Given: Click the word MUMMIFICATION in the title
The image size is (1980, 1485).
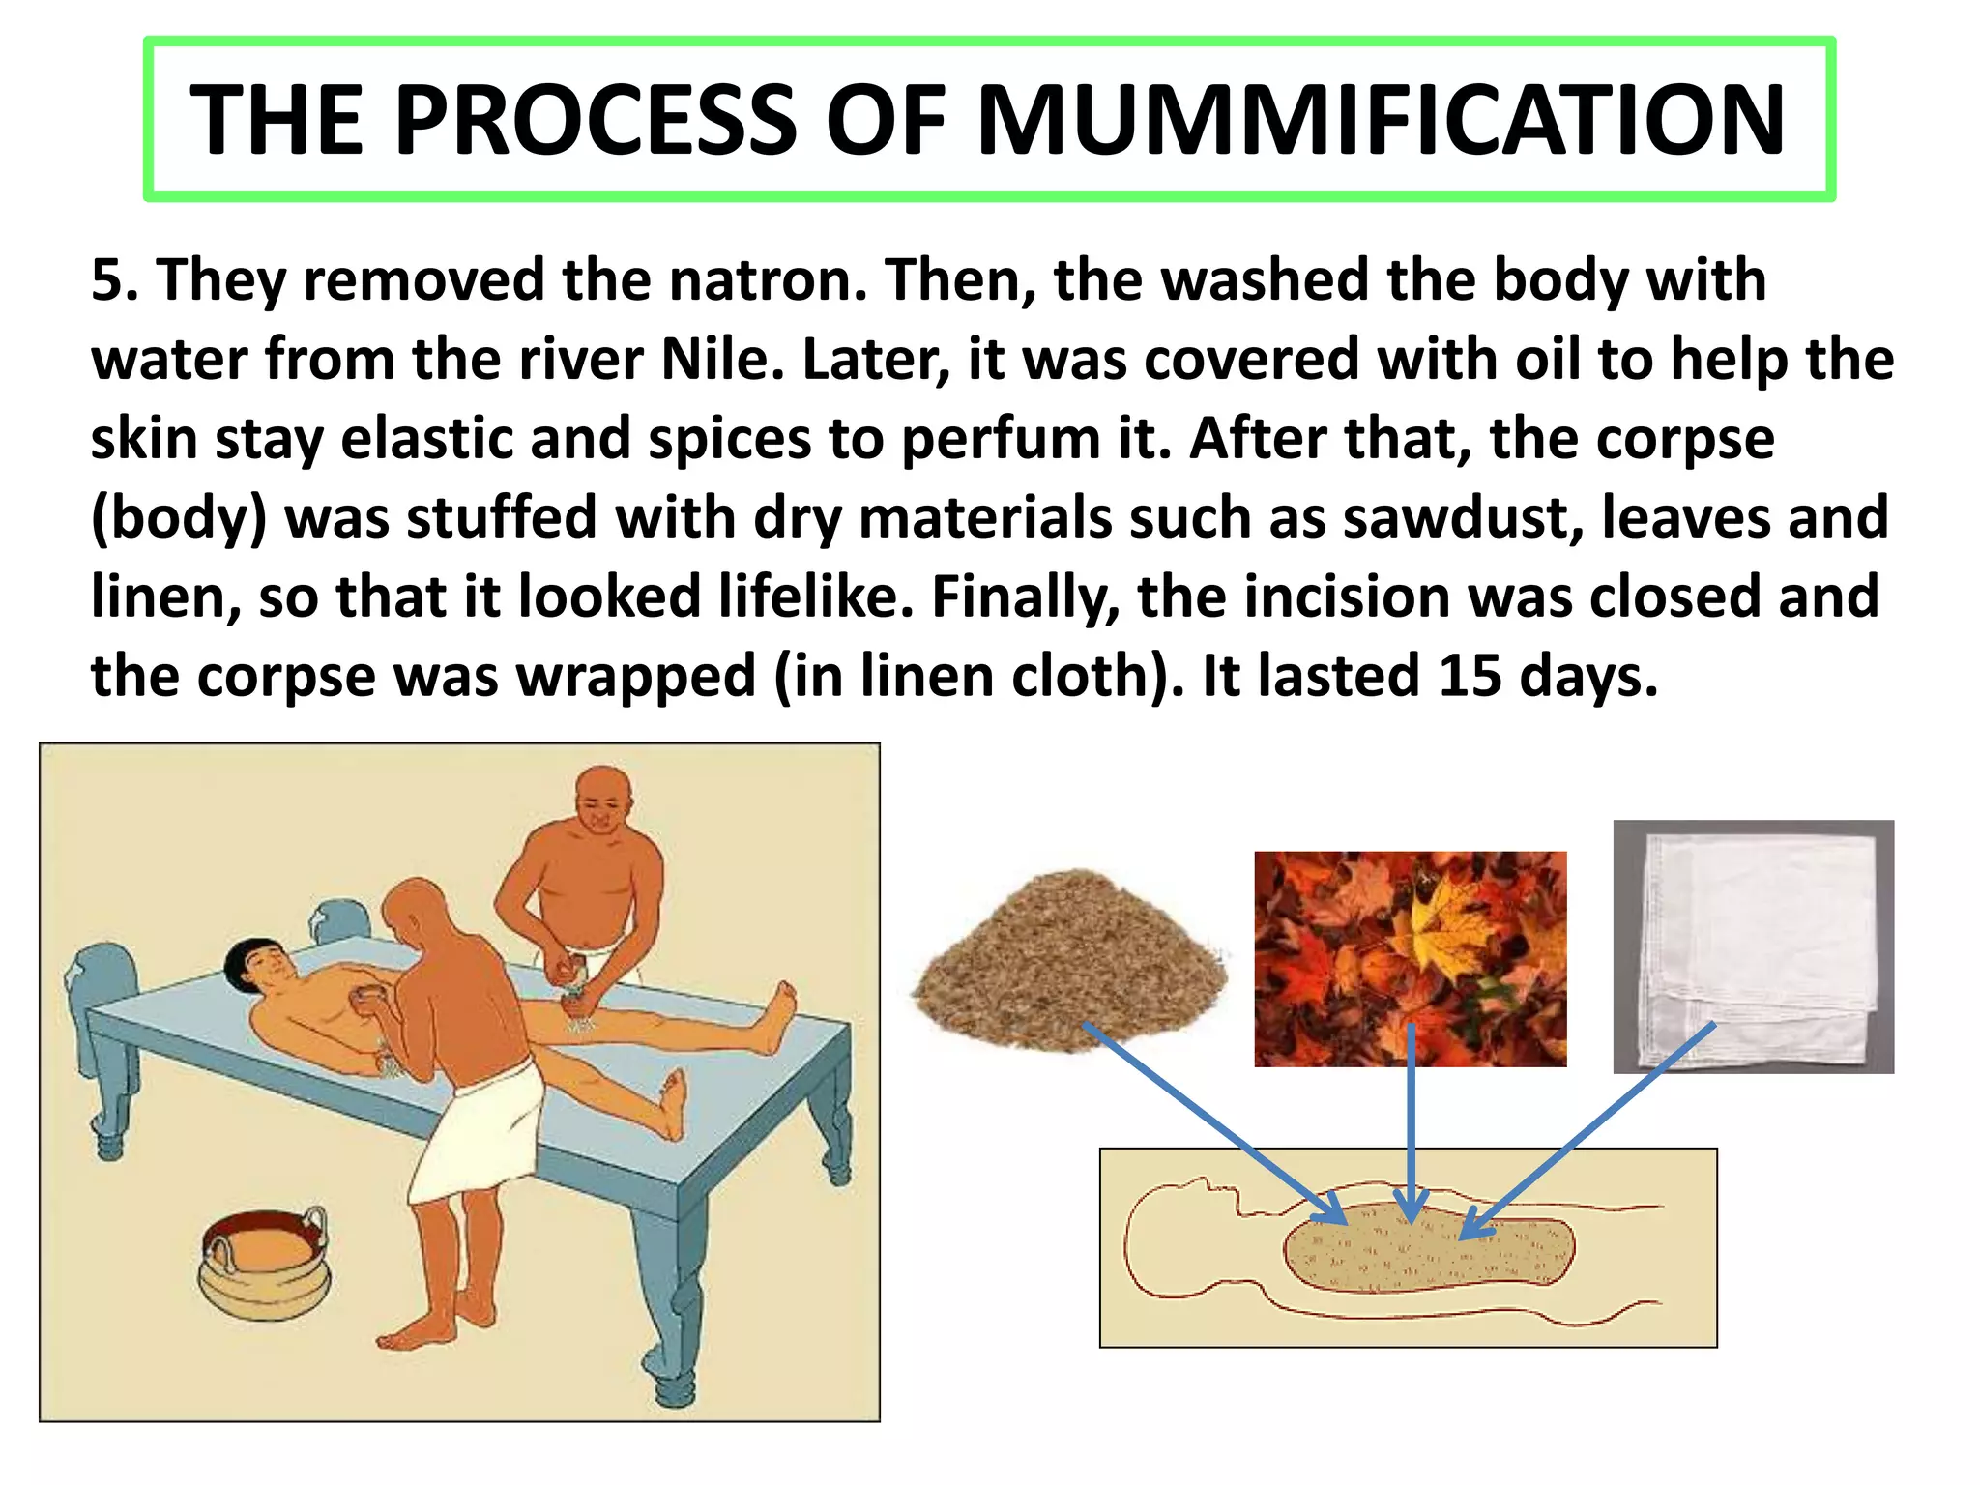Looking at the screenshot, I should [x=1381, y=120].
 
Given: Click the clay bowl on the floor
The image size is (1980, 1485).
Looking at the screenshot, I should [x=263, y=1262].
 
